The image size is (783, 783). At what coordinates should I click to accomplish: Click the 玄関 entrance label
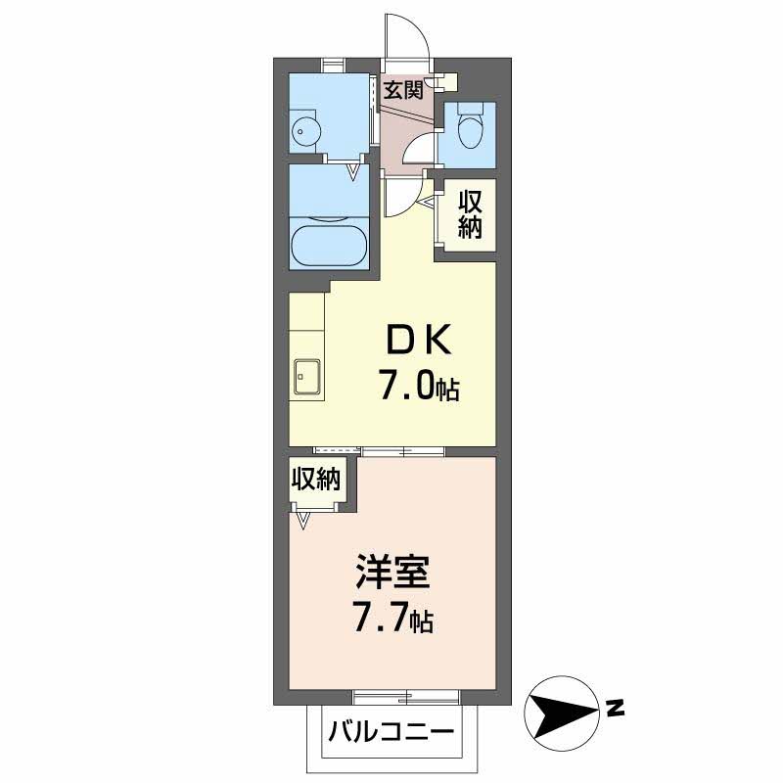pos(403,90)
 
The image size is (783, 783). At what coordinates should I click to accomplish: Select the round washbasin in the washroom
pos(304,132)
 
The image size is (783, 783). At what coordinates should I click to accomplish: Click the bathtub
pos(330,247)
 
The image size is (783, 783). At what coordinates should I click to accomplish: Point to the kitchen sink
pos(307,378)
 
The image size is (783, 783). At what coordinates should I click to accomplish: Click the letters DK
pos(419,340)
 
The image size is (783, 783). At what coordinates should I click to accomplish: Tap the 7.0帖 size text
pos(420,387)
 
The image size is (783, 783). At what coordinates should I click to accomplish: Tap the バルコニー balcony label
pos(391,732)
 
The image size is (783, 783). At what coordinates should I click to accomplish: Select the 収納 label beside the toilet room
pos(471,214)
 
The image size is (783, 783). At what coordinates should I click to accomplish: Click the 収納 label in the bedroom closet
pos(316,479)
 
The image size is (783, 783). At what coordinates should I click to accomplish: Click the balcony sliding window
pos(406,697)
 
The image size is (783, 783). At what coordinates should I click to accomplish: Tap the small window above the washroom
pos(333,66)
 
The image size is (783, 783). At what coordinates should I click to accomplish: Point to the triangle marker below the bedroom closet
pos(303,522)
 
